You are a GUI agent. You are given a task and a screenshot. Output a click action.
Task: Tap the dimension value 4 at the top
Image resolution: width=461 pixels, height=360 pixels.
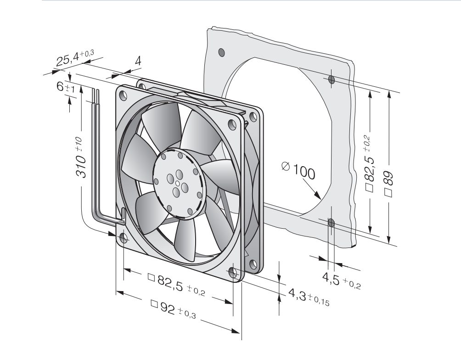[138, 61]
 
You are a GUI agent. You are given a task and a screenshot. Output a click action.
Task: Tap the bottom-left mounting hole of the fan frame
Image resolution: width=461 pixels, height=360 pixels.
[123, 237]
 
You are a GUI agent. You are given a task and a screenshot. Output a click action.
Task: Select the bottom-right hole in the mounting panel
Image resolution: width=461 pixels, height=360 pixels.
[332, 223]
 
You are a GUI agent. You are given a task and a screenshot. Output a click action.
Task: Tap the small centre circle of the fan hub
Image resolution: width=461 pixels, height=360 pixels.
[177, 183]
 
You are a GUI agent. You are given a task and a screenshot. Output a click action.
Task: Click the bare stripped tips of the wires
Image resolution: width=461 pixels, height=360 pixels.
[95, 94]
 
